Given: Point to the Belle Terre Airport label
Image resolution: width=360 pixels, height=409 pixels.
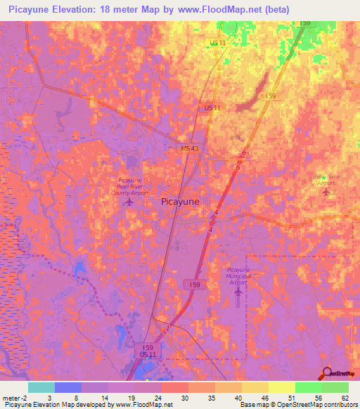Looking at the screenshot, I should point(324,179).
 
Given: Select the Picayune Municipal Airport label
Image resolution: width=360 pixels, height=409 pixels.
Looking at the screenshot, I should point(238,275).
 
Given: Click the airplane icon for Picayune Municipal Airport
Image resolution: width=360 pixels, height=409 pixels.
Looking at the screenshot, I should point(238,290).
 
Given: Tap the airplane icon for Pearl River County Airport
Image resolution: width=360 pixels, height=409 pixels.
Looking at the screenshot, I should point(129,202).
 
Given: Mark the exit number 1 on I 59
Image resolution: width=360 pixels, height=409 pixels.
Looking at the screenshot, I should point(167,327).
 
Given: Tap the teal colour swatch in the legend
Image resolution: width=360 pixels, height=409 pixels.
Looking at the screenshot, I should point(41,387).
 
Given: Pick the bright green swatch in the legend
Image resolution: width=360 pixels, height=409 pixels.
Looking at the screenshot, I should point(309,387).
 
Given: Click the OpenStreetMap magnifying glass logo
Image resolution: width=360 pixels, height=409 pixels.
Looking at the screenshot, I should point(328,373).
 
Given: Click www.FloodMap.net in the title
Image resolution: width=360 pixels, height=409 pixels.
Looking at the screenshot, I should point(217,10).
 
